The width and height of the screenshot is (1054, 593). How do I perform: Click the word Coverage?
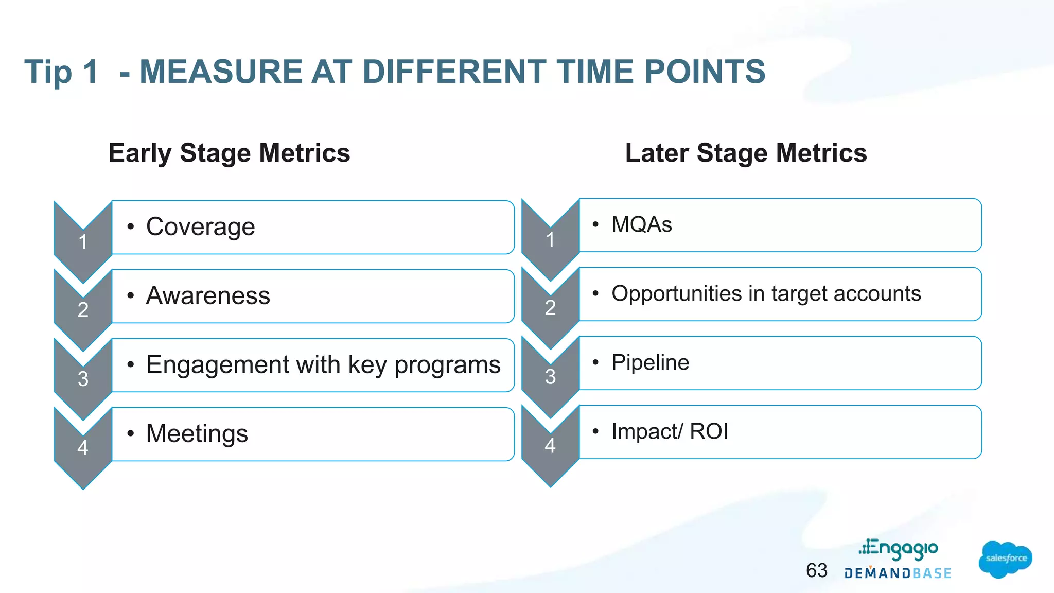click(x=200, y=227)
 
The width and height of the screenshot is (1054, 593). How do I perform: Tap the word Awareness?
click(x=208, y=296)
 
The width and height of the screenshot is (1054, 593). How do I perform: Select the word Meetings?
click(x=197, y=433)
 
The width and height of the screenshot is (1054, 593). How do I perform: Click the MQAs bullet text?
click(x=641, y=225)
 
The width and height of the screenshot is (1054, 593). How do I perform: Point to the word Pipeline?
click(x=650, y=362)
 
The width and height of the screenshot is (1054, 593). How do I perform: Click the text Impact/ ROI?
click(x=670, y=431)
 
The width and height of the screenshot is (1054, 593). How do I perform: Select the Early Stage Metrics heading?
click(x=229, y=153)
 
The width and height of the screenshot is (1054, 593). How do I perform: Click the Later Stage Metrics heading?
click(x=746, y=153)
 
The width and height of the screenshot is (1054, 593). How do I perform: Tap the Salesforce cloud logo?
click(x=1005, y=559)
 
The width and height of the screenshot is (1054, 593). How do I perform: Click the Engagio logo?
click(x=899, y=549)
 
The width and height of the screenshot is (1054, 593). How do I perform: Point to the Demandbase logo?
click(x=898, y=573)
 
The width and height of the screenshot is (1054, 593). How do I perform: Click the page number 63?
click(x=817, y=570)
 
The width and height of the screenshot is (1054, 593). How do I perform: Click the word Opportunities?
click(x=676, y=294)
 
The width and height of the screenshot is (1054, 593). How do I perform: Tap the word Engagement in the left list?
click(x=216, y=365)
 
